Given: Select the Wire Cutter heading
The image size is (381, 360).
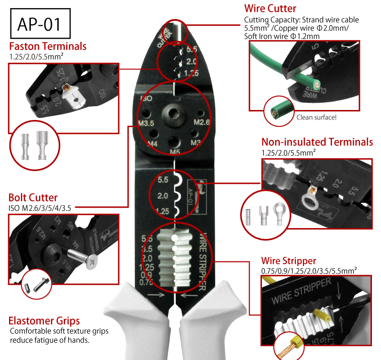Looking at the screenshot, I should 270,9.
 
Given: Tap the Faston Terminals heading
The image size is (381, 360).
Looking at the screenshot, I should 48,46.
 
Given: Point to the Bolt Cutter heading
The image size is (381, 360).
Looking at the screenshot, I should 33,197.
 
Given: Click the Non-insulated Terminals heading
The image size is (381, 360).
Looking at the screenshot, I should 317,142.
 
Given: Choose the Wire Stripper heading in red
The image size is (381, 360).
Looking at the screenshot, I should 288,260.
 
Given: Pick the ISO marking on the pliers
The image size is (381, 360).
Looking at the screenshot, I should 145,99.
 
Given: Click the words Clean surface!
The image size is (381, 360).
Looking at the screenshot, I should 316,117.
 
